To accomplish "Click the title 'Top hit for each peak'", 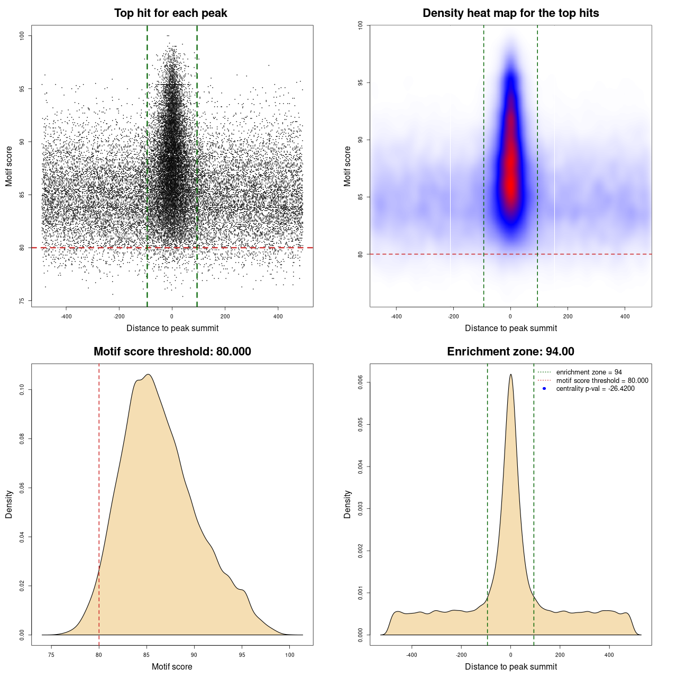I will coord(171,13).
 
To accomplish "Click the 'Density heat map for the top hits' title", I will coord(510,13).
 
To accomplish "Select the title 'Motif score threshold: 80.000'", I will coord(172,352).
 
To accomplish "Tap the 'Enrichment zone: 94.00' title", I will coord(510,352).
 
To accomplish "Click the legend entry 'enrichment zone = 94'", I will coord(589,372).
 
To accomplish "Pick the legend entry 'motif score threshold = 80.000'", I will coord(602,381).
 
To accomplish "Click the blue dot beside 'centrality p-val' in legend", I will coord(544,389).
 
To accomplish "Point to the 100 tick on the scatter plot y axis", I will coord(22,35).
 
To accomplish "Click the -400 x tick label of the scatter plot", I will coord(66,316).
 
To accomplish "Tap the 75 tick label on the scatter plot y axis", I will coord(22,300).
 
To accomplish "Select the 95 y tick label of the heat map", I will coord(361,83).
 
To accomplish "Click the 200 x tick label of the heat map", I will coord(568,316).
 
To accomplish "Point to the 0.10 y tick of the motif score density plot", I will coord(22,390).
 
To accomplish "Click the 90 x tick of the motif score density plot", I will coord(194,655).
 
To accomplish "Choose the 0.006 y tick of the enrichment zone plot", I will coord(361,382).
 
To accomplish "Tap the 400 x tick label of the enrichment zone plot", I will coord(609,655).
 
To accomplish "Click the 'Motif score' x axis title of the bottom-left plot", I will coord(172,666).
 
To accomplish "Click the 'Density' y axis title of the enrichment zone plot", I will coord(347,504).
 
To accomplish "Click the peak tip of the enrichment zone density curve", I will coord(510,374).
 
